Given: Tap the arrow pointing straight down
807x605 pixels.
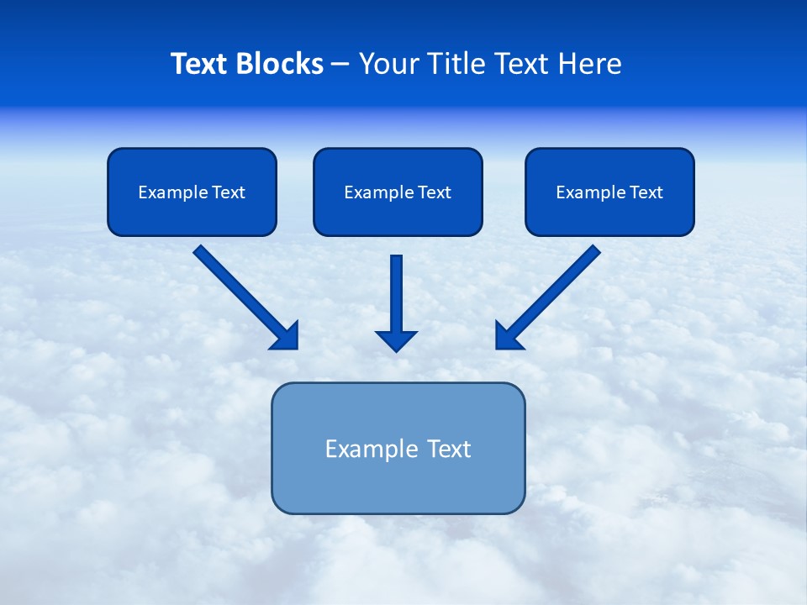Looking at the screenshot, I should coord(397,294).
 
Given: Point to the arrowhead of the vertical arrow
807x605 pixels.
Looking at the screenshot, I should coord(397,340).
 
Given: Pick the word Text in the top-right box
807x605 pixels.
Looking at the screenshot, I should coord(646,192).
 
